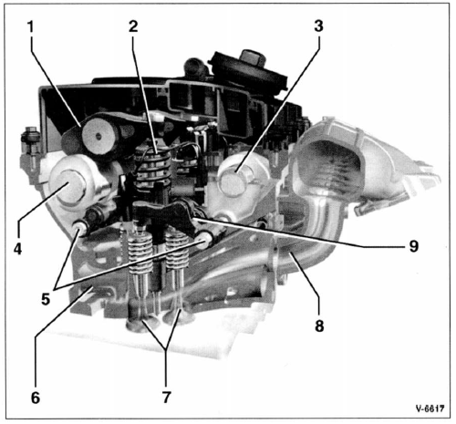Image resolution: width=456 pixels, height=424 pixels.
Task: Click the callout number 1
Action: coord(30,26)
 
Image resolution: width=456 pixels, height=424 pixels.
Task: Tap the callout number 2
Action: coord(133,26)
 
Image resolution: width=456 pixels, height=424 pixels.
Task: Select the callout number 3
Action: coord(318,26)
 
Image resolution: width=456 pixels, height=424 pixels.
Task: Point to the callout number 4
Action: coord(17,249)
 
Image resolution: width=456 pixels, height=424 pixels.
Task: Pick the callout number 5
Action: coord(46,300)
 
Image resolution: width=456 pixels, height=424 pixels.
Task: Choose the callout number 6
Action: coord(36,397)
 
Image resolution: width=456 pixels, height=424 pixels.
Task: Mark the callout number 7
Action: coord(166,397)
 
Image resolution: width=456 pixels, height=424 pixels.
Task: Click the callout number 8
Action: coord(319,326)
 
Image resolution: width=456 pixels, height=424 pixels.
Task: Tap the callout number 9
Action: coord(413,245)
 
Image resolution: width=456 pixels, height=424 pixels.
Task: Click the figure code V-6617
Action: coord(430,408)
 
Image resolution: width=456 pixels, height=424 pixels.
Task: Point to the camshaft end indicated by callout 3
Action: coord(233,181)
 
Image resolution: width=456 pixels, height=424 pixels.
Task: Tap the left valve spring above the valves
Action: coord(140,253)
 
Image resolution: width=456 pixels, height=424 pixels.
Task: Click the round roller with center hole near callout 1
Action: coord(98,136)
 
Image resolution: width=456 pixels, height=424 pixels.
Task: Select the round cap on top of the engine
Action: coord(248,70)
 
